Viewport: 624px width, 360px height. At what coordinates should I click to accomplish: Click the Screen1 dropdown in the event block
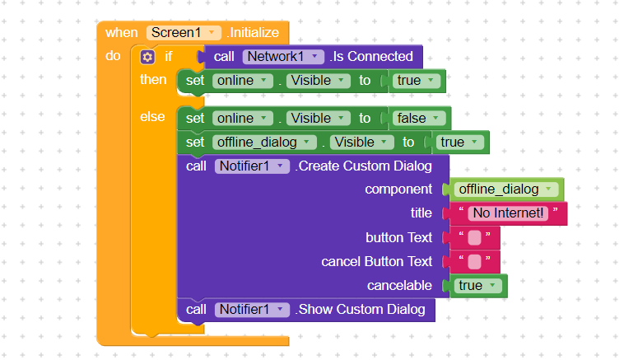(184, 33)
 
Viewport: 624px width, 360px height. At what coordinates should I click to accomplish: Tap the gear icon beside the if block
(147, 57)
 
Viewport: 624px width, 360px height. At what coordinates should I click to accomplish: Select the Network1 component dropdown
(282, 57)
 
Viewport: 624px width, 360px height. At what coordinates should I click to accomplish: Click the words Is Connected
(373, 57)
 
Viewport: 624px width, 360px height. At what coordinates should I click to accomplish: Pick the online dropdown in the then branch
(242, 81)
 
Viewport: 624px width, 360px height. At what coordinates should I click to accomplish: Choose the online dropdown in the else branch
(242, 119)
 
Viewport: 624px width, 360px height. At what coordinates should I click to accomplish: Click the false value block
(418, 119)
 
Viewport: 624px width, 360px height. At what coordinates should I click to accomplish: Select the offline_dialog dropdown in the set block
(264, 143)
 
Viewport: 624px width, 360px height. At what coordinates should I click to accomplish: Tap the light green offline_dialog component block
(505, 189)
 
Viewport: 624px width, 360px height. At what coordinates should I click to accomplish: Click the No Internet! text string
(508, 213)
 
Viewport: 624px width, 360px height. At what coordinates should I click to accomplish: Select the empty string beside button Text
(474, 238)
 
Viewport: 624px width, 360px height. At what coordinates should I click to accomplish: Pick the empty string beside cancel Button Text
(474, 262)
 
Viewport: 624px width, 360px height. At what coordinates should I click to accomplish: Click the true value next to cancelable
(477, 286)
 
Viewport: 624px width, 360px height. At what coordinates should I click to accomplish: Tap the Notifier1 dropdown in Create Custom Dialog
(252, 166)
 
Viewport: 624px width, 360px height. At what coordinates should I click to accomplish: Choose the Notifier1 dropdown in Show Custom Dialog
(252, 310)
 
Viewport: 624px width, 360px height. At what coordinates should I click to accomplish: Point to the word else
(152, 117)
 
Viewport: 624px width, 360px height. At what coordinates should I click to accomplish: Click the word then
(153, 80)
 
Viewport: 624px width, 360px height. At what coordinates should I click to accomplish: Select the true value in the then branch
(416, 81)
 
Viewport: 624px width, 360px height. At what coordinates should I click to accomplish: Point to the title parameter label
(421, 213)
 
